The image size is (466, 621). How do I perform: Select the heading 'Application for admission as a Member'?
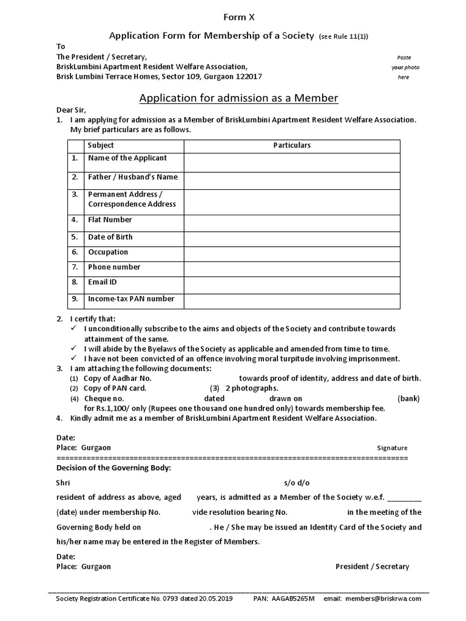click(238, 98)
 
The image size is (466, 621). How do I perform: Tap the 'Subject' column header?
click(101, 146)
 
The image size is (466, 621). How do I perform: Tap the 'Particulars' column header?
click(292, 146)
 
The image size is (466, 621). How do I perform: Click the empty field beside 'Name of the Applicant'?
click(292, 163)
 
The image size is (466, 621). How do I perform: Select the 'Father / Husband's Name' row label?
click(132, 177)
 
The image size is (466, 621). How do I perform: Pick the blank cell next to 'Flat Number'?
click(292, 223)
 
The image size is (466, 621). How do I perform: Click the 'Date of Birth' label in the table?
click(110, 237)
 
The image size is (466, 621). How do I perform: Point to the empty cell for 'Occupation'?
click(292, 254)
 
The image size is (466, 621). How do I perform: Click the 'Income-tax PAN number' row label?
click(131, 298)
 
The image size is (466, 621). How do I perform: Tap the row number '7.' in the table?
click(75, 267)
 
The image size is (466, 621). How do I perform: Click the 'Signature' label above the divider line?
click(392, 448)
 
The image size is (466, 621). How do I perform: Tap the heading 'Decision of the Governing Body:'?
click(113, 468)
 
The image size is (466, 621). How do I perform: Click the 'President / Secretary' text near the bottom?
click(372, 566)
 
